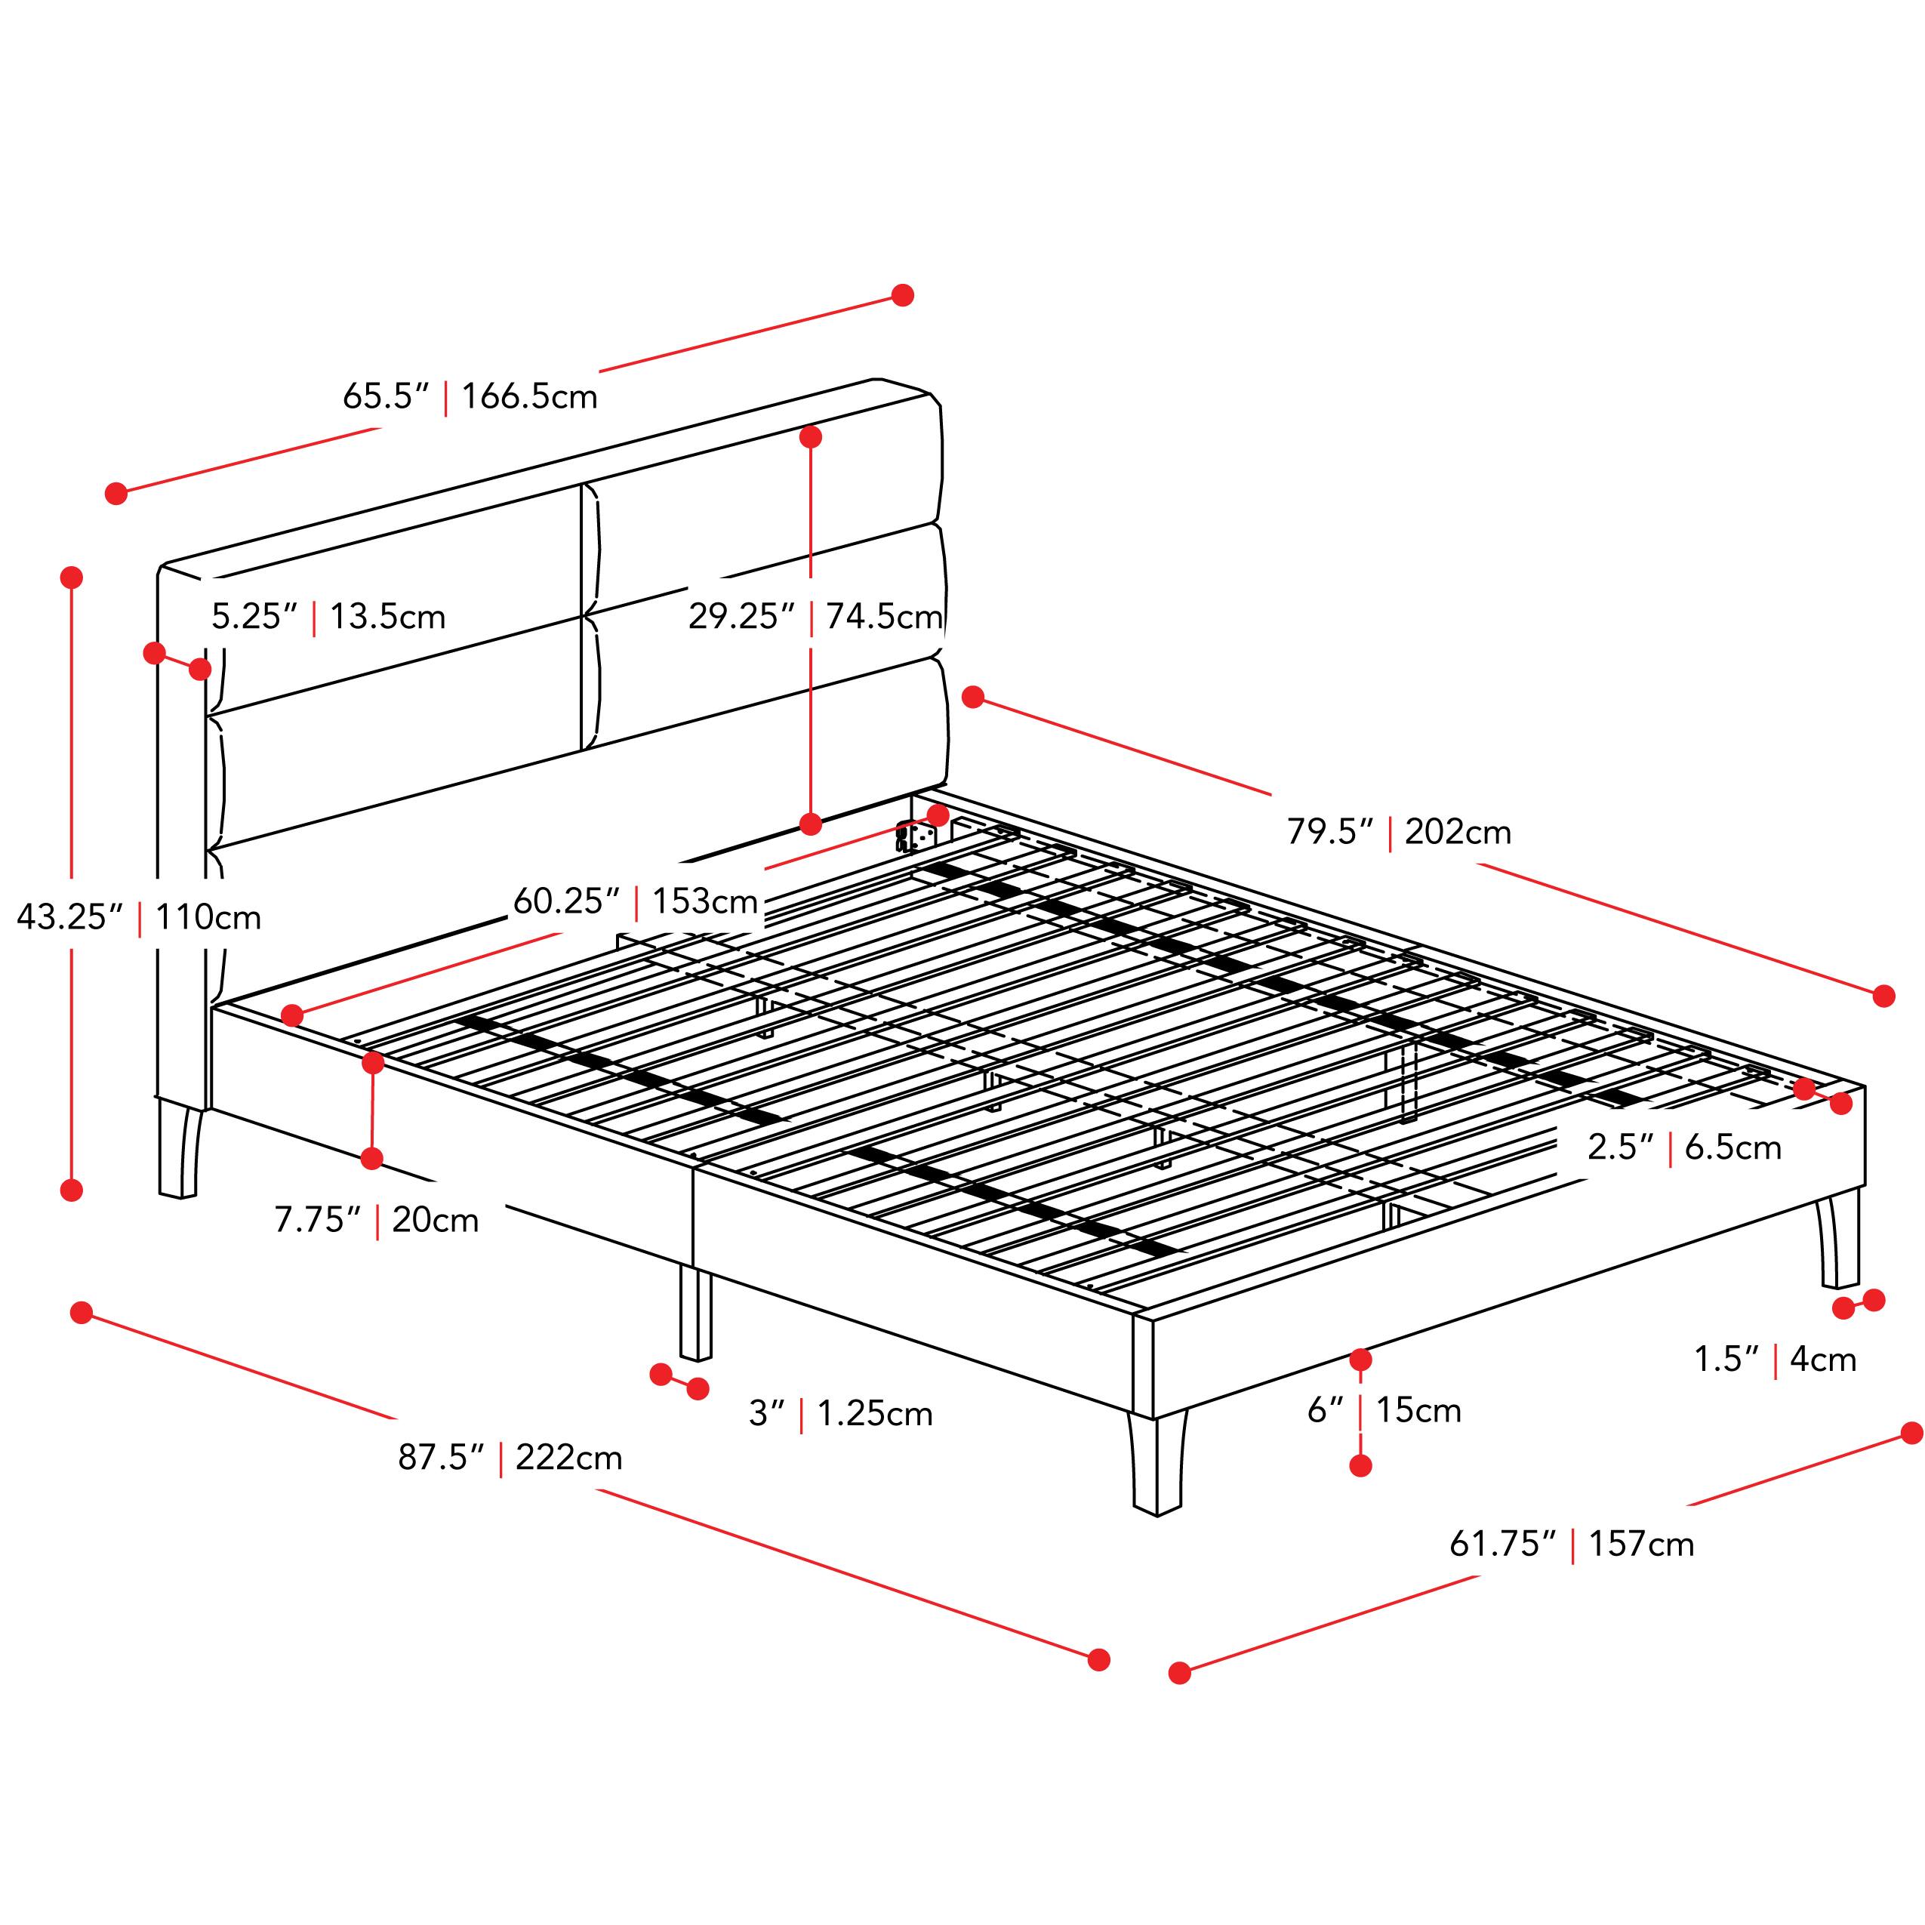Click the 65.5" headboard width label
386,396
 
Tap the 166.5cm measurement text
529,396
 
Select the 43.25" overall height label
69,916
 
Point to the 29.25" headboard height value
741,617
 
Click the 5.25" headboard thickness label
254,617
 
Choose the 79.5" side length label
1330,832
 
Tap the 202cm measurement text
1458,832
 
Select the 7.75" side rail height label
318,1220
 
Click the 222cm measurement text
569,1458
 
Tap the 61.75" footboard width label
1502,1543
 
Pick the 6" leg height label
1326,1410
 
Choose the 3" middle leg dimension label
767,1414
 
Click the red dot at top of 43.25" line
71,577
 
